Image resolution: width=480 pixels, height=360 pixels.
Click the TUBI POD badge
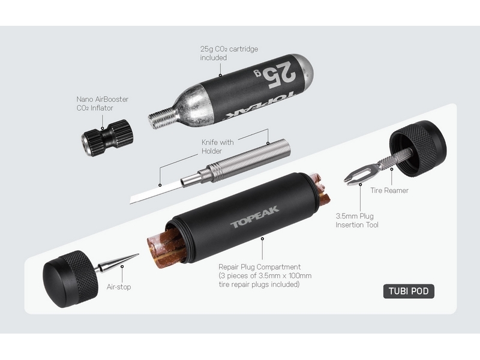pyautogui.click(x=409, y=291)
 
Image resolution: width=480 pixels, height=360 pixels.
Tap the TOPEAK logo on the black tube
pyautogui.click(x=254, y=217)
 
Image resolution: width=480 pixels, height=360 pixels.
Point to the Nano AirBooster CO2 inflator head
pyautogui.click(x=107, y=138)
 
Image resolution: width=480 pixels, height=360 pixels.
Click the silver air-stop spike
pyautogui.click(x=118, y=263)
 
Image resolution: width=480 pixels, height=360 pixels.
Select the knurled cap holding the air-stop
pyautogui.click(x=70, y=279)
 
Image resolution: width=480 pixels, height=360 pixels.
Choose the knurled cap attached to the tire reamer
pyautogui.click(x=418, y=148)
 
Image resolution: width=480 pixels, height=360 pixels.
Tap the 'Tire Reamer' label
pyautogui.click(x=389, y=190)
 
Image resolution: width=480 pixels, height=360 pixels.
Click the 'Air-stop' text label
pyautogui.click(x=119, y=287)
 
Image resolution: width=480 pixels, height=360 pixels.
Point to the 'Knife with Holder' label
pyautogui.click(x=217, y=146)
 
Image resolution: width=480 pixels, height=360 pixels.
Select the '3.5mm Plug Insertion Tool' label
pyautogui.click(x=357, y=220)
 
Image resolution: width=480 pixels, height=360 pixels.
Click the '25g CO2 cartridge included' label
pyautogui.click(x=229, y=53)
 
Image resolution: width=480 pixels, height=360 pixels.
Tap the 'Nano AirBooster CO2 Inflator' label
pyautogui.click(x=102, y=103)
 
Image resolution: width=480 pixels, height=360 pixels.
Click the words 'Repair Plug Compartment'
pyautogui.click(x=260, y=267)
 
